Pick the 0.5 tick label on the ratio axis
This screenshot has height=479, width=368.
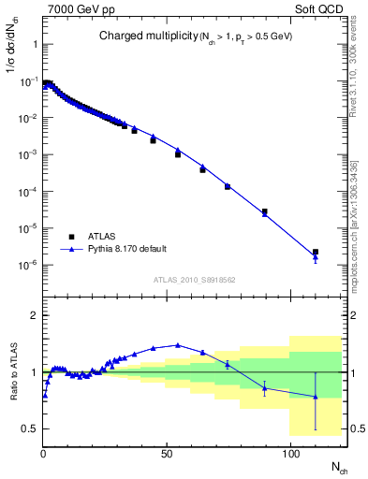30,428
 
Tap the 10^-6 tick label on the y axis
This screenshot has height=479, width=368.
28,265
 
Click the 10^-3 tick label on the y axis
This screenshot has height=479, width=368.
28,154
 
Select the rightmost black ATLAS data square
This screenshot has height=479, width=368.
316,252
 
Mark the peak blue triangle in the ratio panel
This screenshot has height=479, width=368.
178,344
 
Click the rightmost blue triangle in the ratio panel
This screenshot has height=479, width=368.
316,397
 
